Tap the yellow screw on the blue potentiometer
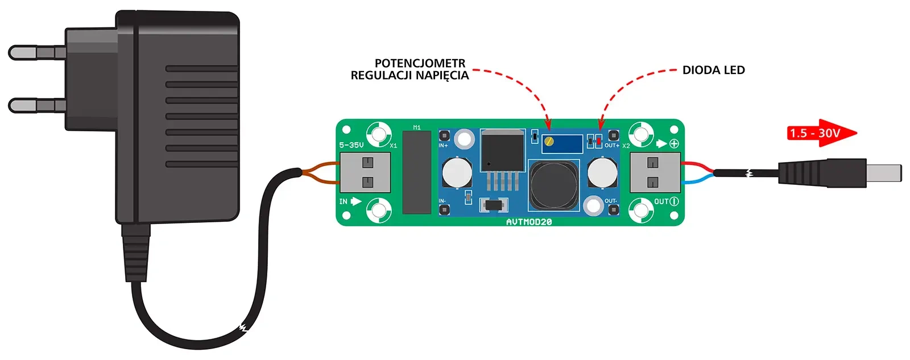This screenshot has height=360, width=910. coord(548,142)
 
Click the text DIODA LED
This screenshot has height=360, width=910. coord(713,71)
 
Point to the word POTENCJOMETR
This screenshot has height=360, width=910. coord(420,63)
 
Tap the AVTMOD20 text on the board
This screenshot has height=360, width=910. coord(529,222)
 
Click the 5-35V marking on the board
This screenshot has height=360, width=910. coord(351,145)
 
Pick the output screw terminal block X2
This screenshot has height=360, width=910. coord(655,172)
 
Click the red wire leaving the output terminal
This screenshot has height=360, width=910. coord(696,165)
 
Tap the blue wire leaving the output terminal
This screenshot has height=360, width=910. coord(696,180)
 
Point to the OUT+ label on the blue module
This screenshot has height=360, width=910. coord(611,146)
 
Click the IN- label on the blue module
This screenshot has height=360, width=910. coord(442,201)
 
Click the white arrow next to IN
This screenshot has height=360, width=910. coord(356,201)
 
